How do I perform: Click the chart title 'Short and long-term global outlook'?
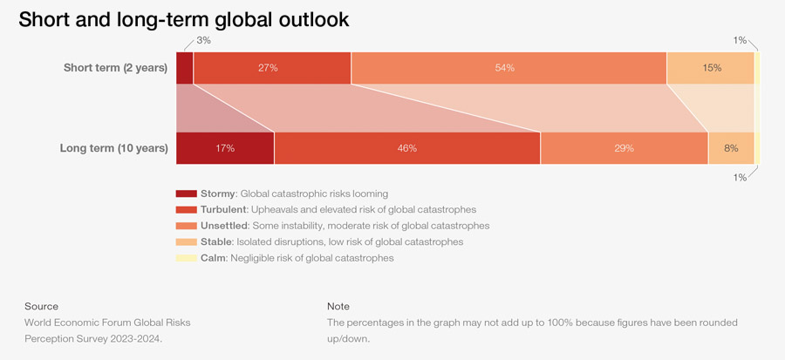[184, 19]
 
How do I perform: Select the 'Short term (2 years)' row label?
[115, 68]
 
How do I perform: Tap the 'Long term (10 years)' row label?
[113, 148]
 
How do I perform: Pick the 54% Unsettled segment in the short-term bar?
[509, 68]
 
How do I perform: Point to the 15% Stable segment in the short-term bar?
[711, 68]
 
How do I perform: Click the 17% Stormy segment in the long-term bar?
[225, 148]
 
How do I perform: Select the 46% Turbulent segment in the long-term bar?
[407, 148]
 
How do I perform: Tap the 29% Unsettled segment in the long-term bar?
[624, 148]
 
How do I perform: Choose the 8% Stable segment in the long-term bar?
[731, 148]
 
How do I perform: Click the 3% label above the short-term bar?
[202, 40]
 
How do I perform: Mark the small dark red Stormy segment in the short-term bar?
[184, 68]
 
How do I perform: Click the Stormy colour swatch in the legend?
[186, 194]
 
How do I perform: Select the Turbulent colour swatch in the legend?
[186, 210]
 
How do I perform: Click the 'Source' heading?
[42, 306]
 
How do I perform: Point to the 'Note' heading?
[338, 306]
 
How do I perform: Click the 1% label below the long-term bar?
[740, 178]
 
